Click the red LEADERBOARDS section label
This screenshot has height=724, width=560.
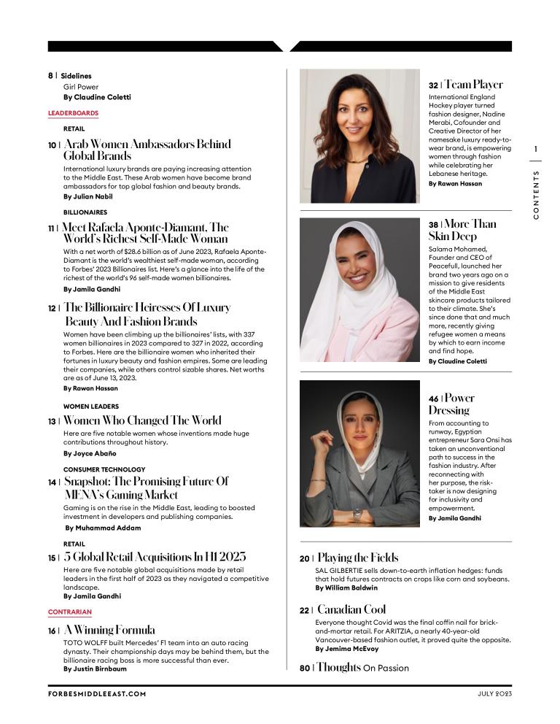pyautogui.click(x=73, y=113)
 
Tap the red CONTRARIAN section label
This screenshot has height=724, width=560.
pyautogui.click(x=70, y=612)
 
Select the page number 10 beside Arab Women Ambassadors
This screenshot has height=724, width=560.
pyautogui.click(x=52, y=145)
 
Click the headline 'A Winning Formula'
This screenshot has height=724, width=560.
pyautogui.click(x=109, y=630)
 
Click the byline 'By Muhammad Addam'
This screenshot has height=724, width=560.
pyautogui.click(x=103, y=528)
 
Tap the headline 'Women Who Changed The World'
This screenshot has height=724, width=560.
pyautogui.click(x=142, y=420)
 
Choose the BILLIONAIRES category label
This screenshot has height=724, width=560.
pyautogui.click(x=85, y=212)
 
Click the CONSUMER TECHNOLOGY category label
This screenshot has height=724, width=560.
pyautogui.click(x=104, y=469)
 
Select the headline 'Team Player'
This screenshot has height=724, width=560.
pyautogui.click(x=473, y=85)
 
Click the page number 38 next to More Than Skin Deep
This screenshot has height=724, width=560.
pyautogui.click(x=433, y=225)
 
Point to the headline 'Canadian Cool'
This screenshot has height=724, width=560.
pyautogui.click(x=351, y=609)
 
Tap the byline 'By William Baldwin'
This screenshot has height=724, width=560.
pyautogui.click(x=346, y=588)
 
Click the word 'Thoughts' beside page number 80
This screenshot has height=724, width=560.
pyautogui.click(x=339, y=667)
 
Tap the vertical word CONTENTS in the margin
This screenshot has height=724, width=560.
pyautogui.click(x=536, y=195)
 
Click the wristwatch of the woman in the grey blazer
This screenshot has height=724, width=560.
pyautogui.click(x=357, y=514)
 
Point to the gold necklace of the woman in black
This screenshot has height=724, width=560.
pyautogui.click(x=357, y=160)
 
